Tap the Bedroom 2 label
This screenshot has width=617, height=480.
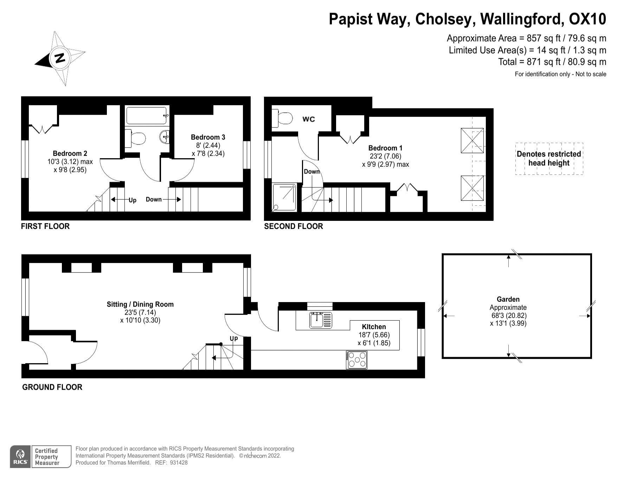tap(70, 154)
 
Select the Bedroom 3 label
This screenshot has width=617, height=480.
tap(208, 137)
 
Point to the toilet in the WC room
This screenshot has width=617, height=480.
tap(282, 118)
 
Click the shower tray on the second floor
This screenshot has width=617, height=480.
tap(284, 198)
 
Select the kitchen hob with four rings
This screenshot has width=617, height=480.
tap(356, 360)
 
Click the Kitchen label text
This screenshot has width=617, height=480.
tap(374, 327)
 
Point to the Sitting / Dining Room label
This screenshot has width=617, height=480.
tap(140, 305)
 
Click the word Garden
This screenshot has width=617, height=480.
tap(508, 300)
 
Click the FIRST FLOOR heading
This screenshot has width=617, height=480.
tap(45, 226)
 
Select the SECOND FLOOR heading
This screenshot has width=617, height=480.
tap(294, 226)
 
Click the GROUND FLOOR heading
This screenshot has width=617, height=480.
tap(52, 387)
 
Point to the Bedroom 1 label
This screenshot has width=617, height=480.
tap(385, 148)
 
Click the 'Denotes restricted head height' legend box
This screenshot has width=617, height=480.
tap(549, 159)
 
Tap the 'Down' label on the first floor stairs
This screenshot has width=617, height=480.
tap(154, 199)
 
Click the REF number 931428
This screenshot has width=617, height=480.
tap(179, 463)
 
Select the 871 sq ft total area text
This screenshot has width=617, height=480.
tap(552, 62)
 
